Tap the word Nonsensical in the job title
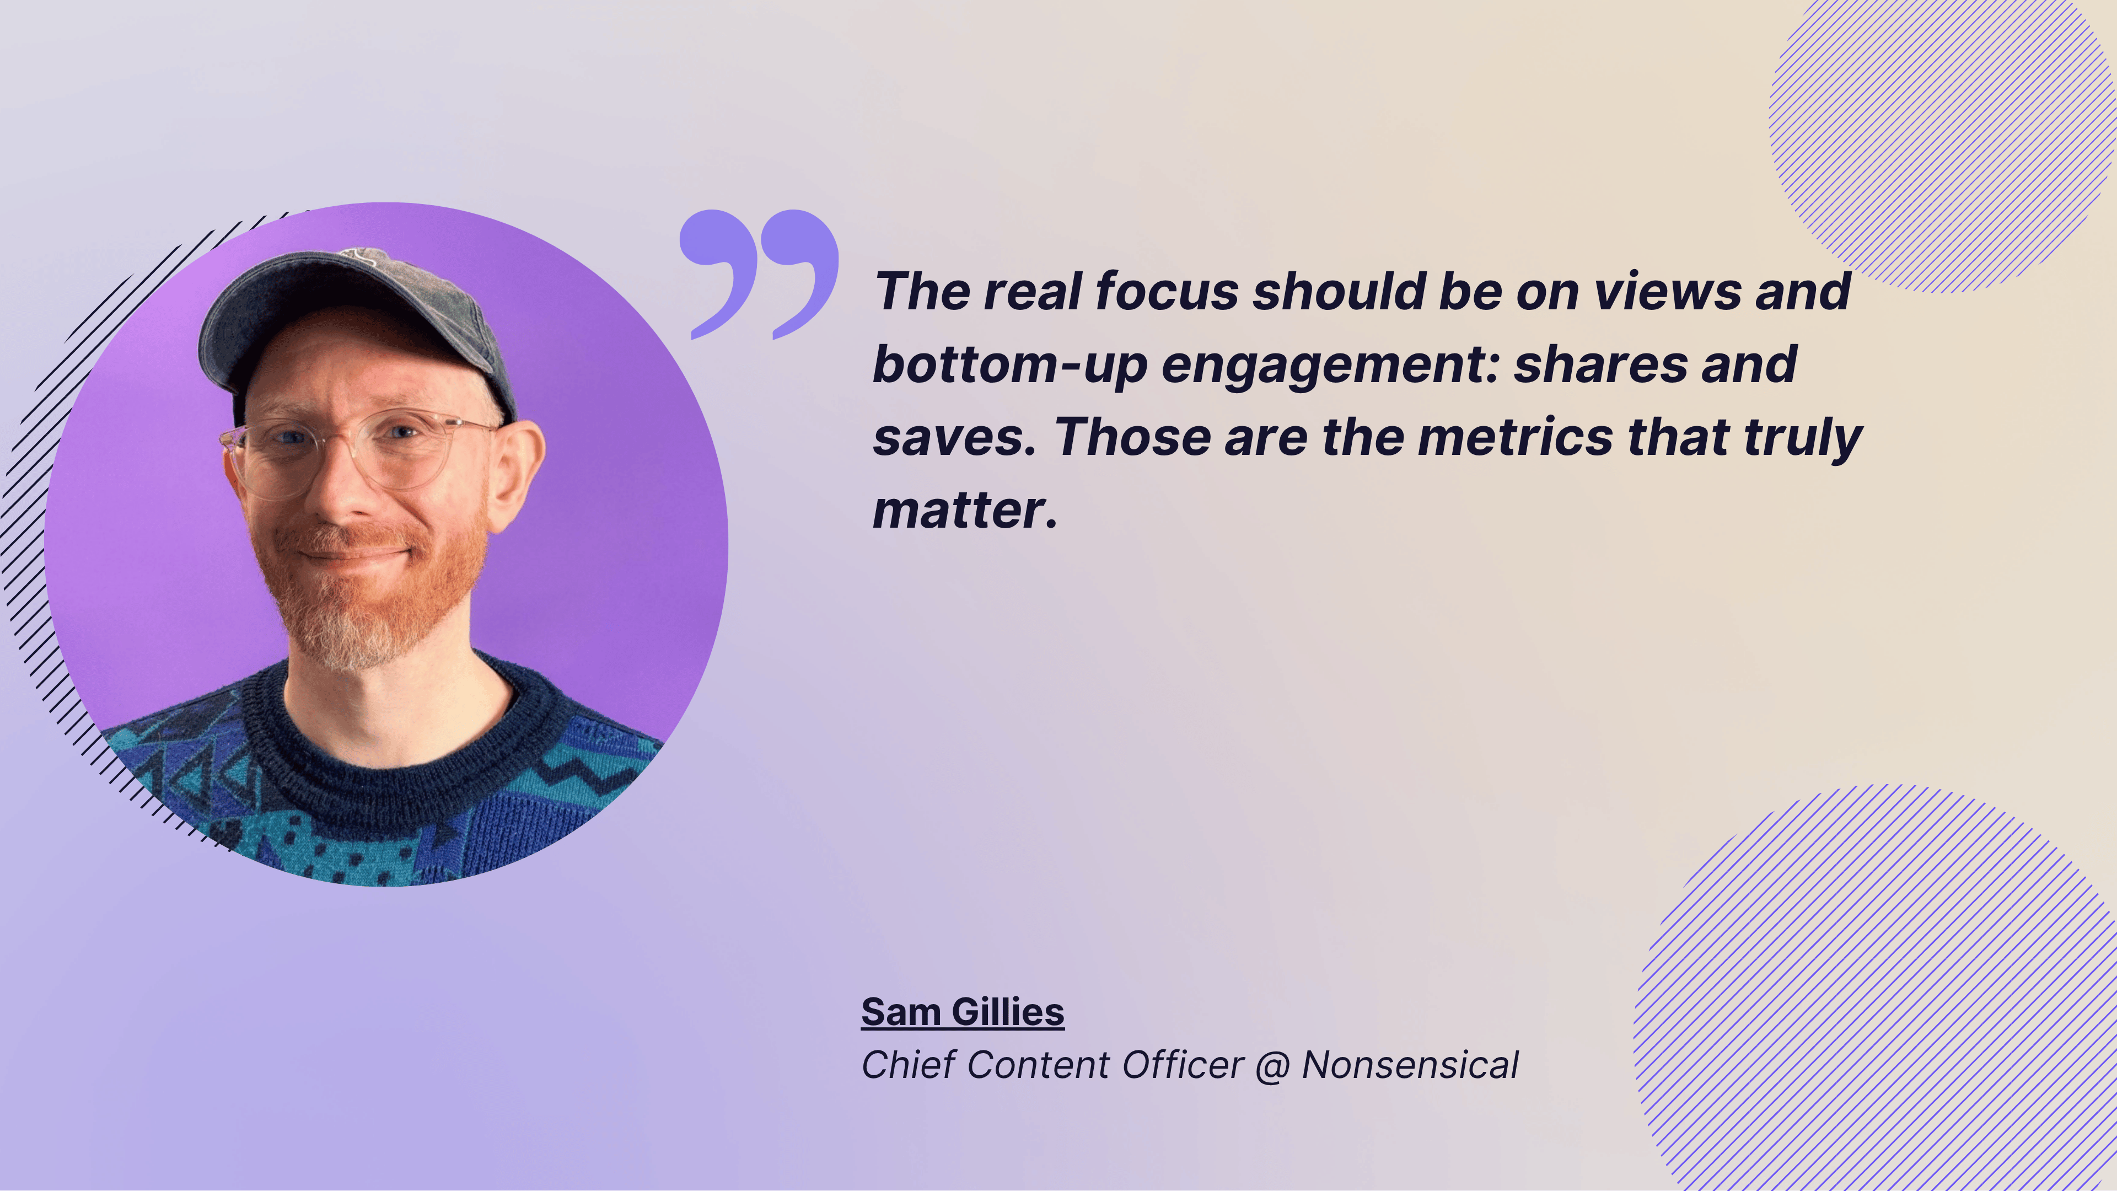click(x=1410, y=1065)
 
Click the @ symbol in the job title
click(x=1273, y=1067)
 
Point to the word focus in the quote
click(x=1166, y=291)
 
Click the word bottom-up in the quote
click(x=1009, y=366)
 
